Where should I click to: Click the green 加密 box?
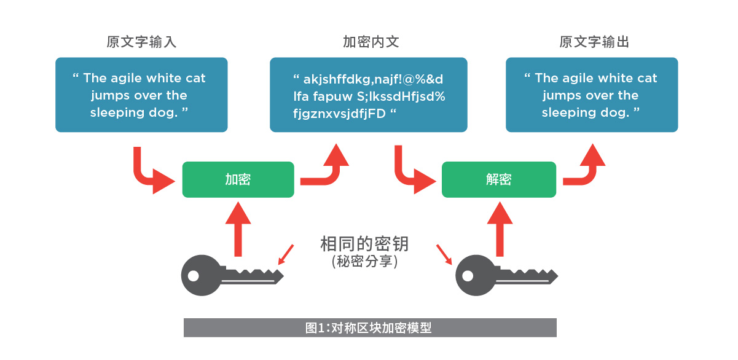[x=238, y=179]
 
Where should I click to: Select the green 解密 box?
[x=498, y=179]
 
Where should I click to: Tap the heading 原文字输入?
[x=141, y=42]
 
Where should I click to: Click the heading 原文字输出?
[x=594, y=42]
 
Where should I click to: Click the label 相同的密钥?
[x=364, y=244]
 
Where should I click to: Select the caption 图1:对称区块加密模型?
[x=369, y=327]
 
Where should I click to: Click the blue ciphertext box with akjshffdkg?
[x=369, y=95]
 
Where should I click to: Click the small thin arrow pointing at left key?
[x=285, y=254]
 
